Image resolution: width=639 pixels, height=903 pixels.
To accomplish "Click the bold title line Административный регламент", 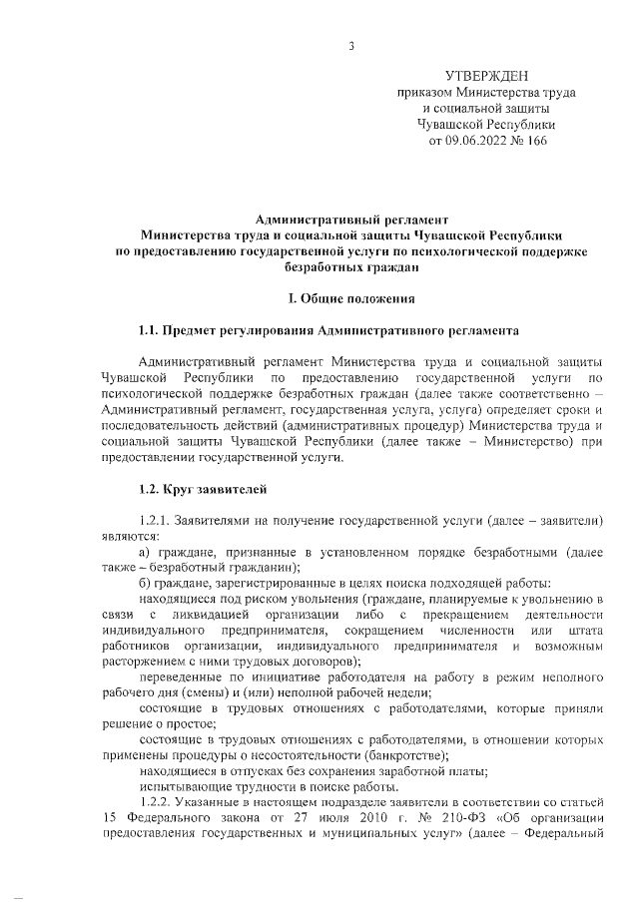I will tap(352, 218).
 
